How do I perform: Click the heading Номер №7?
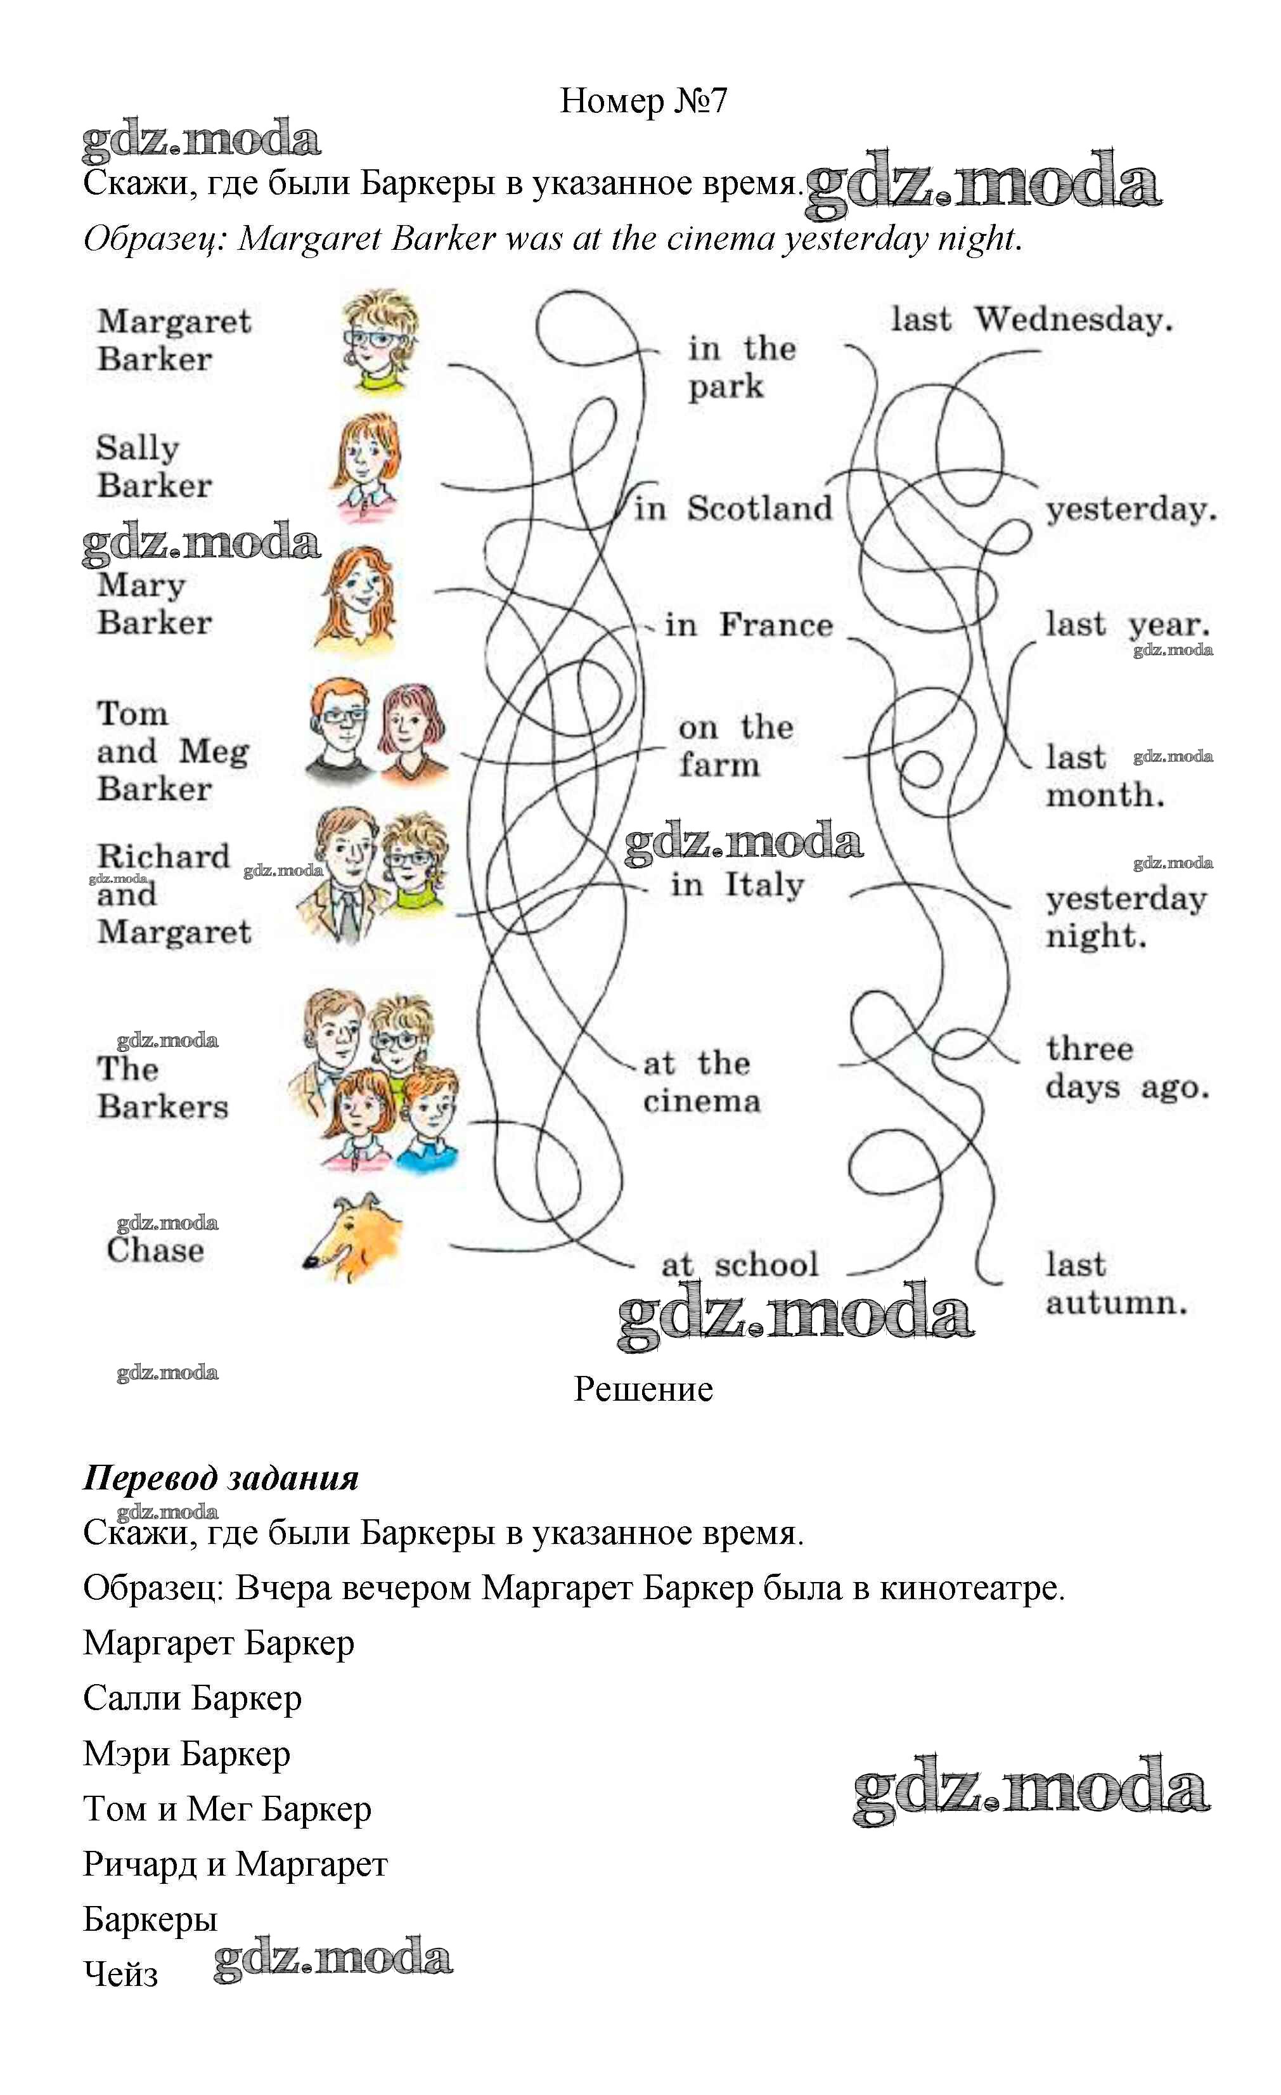pyautogui.click(x=643, y=101)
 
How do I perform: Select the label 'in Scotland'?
pyautogui.click(x=733, y=509)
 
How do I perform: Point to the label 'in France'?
pyautogui.click(x=748, y=625)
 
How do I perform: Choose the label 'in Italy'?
pyautogui.click(x=736, y=885)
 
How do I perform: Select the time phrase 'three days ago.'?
pyautogui.click(x=1126, y=1068)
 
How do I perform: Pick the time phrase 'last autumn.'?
pyautogui.click(x=1115, y=1284)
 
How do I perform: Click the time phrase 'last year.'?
pyautogui.click(x=1127, y=625)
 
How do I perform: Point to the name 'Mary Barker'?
pyautogui.click(x=154, y=604)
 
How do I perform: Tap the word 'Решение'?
pyautogui.click(x=643, y=1390)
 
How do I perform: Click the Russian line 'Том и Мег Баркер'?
pyautogui.click(x=227, y=1808)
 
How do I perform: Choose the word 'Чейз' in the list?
pyautogui.click(x=120, y=1975)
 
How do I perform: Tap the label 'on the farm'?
pyautogui.click(x=735, y=746)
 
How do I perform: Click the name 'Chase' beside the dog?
pyautogui.click(x=155, y=1250)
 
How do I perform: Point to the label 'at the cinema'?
pyautogui.click(x=700, y=1082)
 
